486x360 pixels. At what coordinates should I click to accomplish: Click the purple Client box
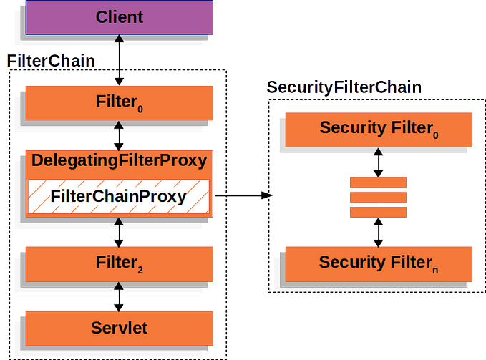click(120, 17)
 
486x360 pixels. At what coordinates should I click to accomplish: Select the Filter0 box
click(120, 102)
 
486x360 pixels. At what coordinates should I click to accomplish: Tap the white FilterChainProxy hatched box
click(120, 196)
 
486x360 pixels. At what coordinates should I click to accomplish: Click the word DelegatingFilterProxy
click(120, 160)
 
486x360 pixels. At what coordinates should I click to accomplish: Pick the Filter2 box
click(120, 263)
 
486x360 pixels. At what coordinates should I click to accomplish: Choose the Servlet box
click(120, 328)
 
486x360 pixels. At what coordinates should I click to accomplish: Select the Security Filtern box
click(376, 262)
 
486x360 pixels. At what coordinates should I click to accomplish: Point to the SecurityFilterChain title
click(344, 87)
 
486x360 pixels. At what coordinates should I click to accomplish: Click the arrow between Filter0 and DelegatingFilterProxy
click(120, 134)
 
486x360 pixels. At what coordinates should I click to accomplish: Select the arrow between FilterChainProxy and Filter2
click(120, 230)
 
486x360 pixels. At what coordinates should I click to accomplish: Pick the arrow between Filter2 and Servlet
click(120, 296)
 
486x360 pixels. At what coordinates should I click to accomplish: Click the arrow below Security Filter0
click(377, 161)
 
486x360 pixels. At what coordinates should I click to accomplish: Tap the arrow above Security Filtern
click(377, 231)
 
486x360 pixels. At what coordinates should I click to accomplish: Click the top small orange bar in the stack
click(377, 182)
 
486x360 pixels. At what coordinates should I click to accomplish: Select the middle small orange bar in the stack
click(377, 197)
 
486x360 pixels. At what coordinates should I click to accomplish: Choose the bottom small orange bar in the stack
click(377, 212)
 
